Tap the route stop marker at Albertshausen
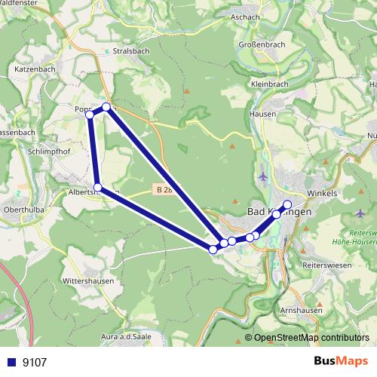click(x=98, y=187)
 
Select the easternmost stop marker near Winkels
click(x=287, y=204)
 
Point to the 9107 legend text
click(x=35, y=362)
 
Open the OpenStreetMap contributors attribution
click(x=311, y=337)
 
